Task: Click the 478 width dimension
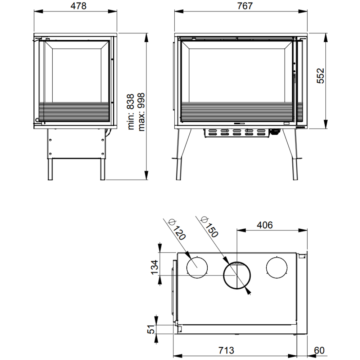click(78, 6)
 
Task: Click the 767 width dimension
click(245, 6)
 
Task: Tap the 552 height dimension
click(320, 76)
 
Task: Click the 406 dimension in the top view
click(265, 225)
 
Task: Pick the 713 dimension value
click(226, 351)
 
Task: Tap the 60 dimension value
click(319, 351)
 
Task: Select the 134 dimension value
click(154, 267)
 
